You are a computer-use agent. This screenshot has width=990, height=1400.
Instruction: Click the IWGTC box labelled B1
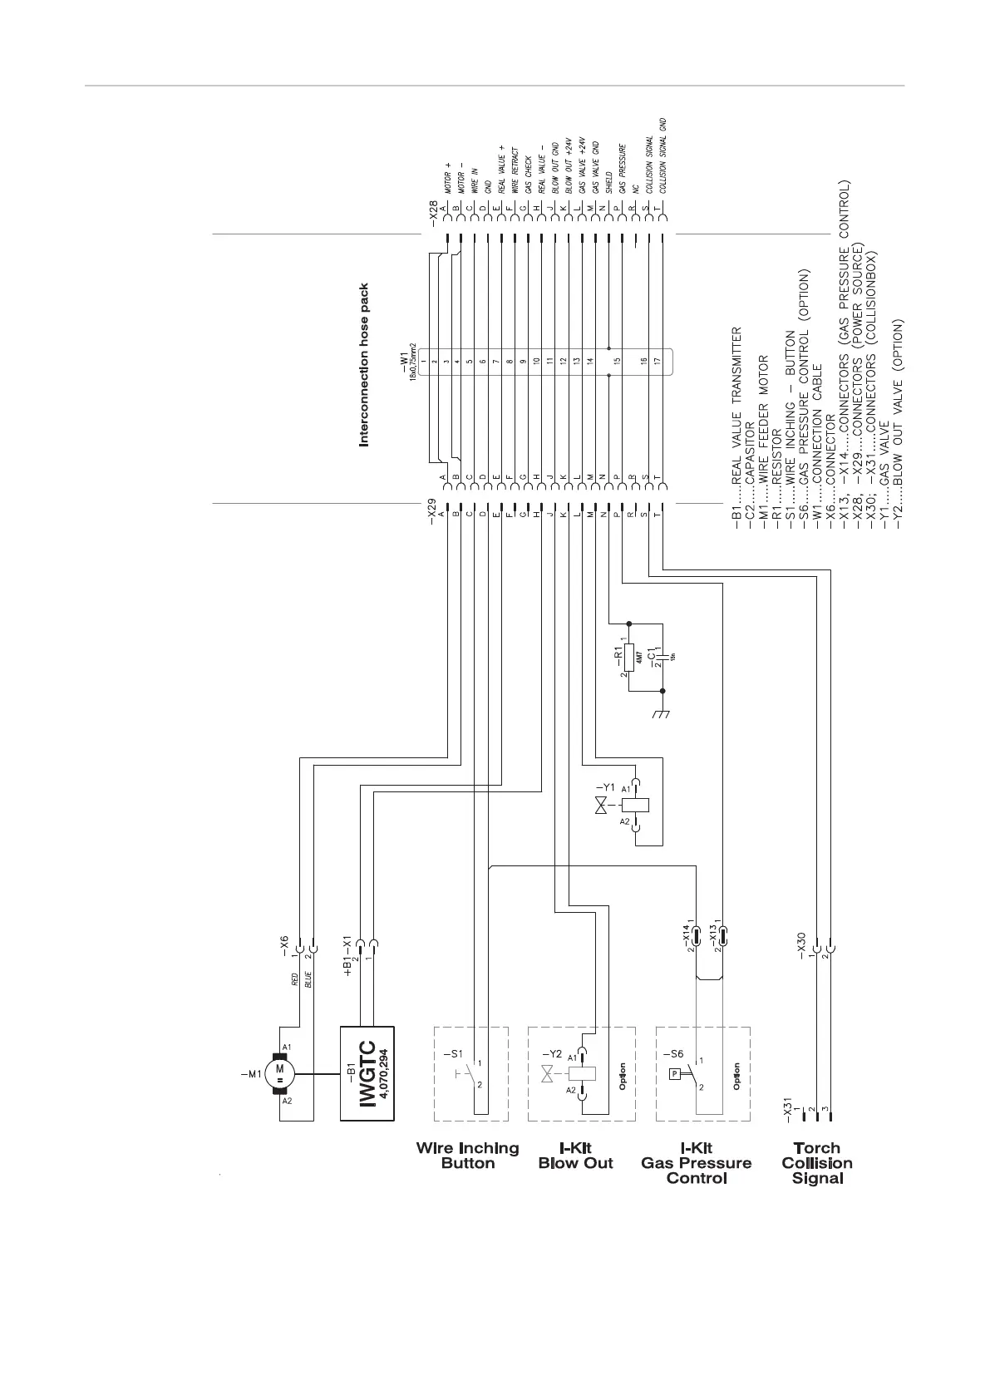367,1072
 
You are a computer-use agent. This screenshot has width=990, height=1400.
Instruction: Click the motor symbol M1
280,1072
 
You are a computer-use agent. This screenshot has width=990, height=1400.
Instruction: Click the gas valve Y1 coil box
637,805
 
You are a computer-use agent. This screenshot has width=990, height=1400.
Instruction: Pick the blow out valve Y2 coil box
582,1072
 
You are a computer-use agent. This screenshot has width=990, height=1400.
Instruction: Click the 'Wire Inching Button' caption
468,1156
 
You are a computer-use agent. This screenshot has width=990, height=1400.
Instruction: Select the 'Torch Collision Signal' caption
817,1162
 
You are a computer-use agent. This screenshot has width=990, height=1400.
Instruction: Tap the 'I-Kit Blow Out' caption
575,1156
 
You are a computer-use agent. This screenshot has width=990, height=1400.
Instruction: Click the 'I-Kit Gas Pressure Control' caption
697,1162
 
